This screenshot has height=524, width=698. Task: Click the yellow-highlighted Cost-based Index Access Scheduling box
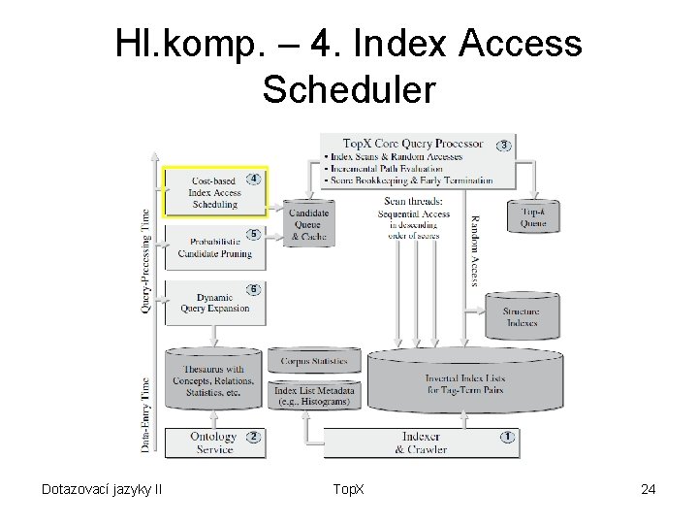(x=214, y=193)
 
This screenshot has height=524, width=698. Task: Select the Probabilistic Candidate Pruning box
(x=214, y=248)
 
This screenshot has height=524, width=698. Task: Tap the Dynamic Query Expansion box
(x=214, y=303)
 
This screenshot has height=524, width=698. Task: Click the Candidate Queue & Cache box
(x=309, y=224)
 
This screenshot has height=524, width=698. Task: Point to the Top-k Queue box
(x=533, y=216)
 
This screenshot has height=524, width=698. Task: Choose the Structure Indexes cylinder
(x=521, y=316)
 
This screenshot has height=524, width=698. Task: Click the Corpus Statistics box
(x=314, y=361)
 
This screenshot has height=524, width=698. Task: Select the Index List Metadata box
(x=314, y=395)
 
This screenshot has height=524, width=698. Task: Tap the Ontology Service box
(x=213, y=442)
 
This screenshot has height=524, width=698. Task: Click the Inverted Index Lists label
(x=464, y=383)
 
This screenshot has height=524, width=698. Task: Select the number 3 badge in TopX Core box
(x=503, y=146)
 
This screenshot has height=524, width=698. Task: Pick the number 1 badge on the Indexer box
(x=506, y=437)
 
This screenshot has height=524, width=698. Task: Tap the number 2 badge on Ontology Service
(x=253, y=437)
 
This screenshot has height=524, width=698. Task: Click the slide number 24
(x=649, y=489)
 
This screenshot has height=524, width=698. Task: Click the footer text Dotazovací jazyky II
(x=101, y=489)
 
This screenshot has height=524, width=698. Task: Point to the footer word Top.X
(x=348, y=489)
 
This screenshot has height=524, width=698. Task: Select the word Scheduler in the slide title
(x=349, y=89)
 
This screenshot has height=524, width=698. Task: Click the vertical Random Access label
(x=475, y=250)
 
